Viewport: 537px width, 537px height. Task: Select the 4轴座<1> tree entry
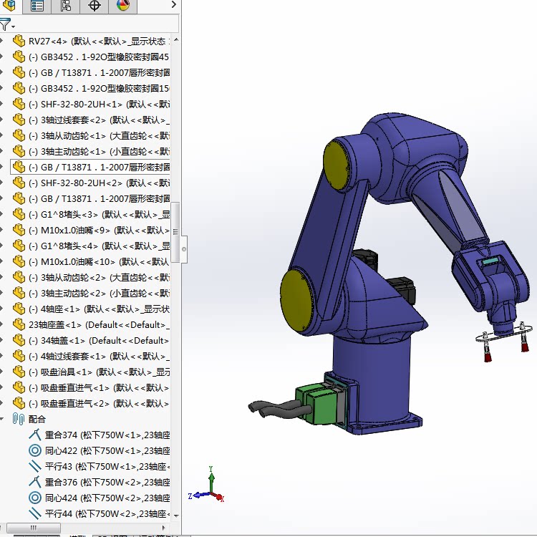pyautogui.click(x=100, y=309)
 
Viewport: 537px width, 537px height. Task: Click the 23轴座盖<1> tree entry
pyautogui.click(x=93, y=324)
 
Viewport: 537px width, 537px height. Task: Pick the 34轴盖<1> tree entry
pyautogui.click(x=100, y=340)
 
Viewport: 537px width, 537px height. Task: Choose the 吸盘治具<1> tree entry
pyautogui.click(x=100, y=372)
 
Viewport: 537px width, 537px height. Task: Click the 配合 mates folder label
pyautogui.click(x=37, y=419)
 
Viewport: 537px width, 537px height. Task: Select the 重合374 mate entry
pyautogui.click(x=100, y=435)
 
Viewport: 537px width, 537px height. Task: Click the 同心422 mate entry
pyautogui.click(x=100, y=450)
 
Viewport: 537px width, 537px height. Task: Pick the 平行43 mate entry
pyautogui.click(x=100, y=466)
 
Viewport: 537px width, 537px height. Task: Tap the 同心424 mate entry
pyautogui.click(x=100, y=498)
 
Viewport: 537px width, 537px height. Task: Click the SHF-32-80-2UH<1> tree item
pyautogui.click(x=100, y=104)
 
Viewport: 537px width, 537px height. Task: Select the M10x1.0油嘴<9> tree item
pyautogui.click(x=100, y=230)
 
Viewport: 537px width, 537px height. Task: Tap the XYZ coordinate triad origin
pyautogui.click(x=211, y=493)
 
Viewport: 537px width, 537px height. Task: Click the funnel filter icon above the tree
pyautogui.click(x=5, y=24)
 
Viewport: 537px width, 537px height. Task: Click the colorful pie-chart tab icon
pyautogui.click(x=122, y=6)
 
